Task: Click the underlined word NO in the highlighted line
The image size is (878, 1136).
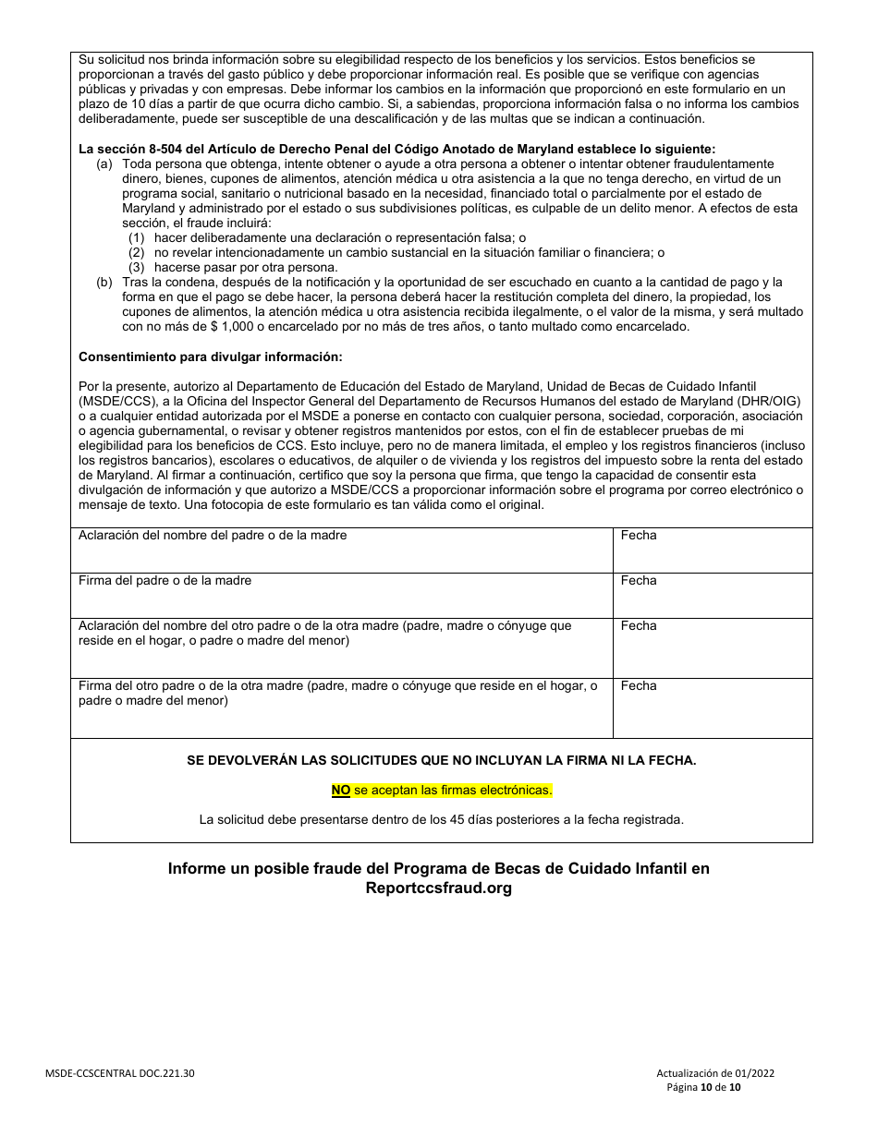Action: click(x=341, y=790)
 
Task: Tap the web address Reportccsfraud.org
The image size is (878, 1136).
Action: click(x=439, y=888)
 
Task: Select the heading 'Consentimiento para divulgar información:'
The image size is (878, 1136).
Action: click(x=210, y=356)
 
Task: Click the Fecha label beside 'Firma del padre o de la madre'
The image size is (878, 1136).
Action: click(x=639, y=581)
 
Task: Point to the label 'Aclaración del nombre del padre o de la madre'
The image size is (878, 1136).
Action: click(x=213, y=536)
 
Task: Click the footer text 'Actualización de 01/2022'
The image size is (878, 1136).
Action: click(x=715, y=1074)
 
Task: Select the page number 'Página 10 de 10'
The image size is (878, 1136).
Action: click(x=704, y=1088)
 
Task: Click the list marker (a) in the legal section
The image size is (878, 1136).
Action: click(x=104, y=163)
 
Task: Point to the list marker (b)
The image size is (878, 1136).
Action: click(x=104, y=282)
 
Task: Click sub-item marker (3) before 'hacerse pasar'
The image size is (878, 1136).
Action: click(x=137, y=266)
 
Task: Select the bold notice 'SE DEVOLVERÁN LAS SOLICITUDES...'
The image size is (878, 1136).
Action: click(x=442, y=760)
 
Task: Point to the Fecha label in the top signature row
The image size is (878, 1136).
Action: click(x=639, y=536)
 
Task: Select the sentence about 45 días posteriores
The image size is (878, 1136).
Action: click(x=442, y=819)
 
